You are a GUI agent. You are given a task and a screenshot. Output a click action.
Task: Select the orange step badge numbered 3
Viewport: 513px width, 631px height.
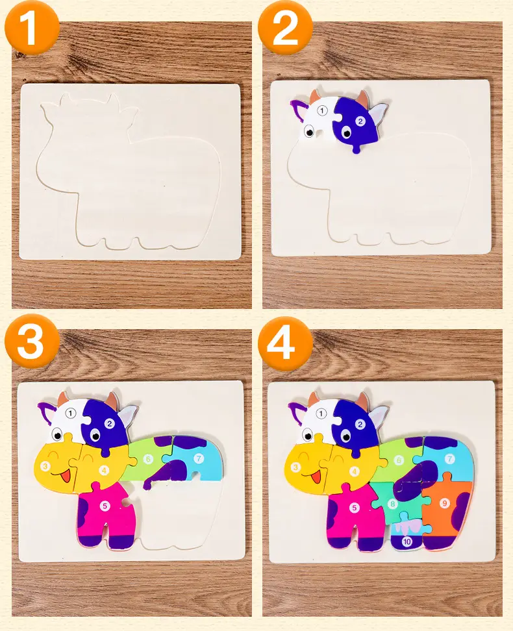pyautogui.click(x=31, y=341)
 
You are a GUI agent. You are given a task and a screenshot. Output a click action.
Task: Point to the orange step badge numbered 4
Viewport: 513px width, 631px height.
pyautogui.click(x=285, y=343)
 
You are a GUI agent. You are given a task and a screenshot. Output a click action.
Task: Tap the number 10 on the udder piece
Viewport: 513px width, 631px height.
pyautogui.click(x=407, y=541)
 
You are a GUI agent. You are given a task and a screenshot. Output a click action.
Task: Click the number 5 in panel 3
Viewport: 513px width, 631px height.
pyautogui.click(x=105, y=506)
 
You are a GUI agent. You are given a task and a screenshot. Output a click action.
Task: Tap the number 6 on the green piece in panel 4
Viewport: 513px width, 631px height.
pyautogui.click(x=399, y=460)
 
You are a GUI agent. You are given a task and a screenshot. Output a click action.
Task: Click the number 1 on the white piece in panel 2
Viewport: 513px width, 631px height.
pyautogui.click(x=321, y=110)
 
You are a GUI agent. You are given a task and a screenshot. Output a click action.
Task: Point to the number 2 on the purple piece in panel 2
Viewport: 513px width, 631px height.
pyautogui.click(x=360, y=121)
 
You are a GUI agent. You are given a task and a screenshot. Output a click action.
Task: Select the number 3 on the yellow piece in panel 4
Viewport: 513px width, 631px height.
pyautogui.click(x=296, y=467)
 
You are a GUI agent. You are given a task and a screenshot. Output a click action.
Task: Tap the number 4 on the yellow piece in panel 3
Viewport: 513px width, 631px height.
pyautogui.click(x=104, y=470)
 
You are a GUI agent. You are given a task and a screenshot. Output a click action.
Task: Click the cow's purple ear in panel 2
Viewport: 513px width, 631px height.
pyautogui.click(x=298, y=110)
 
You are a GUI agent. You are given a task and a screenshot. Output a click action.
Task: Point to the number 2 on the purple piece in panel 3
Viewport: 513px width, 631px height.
pyautogui.click(x=109, y=423)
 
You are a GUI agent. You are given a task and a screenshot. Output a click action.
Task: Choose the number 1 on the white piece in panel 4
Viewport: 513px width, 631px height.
pyautogui.click(x=321, y=414)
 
